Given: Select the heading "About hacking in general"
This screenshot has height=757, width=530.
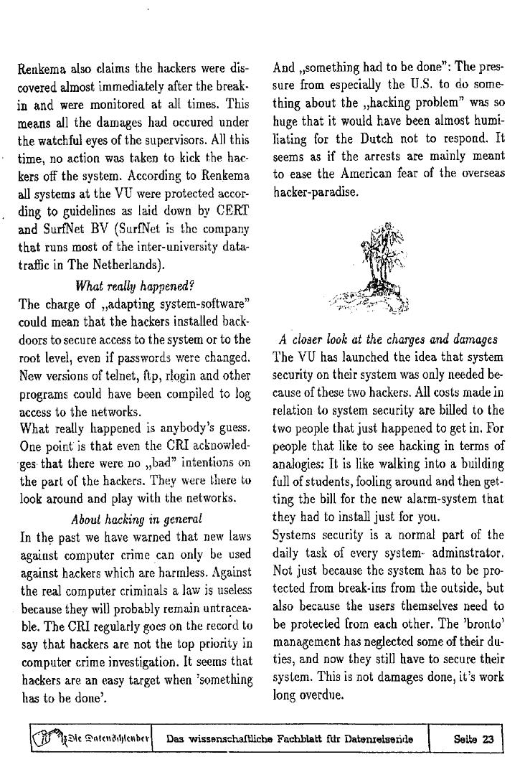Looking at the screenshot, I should (137, 518).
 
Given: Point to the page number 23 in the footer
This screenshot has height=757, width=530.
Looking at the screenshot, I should (488, 739).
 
